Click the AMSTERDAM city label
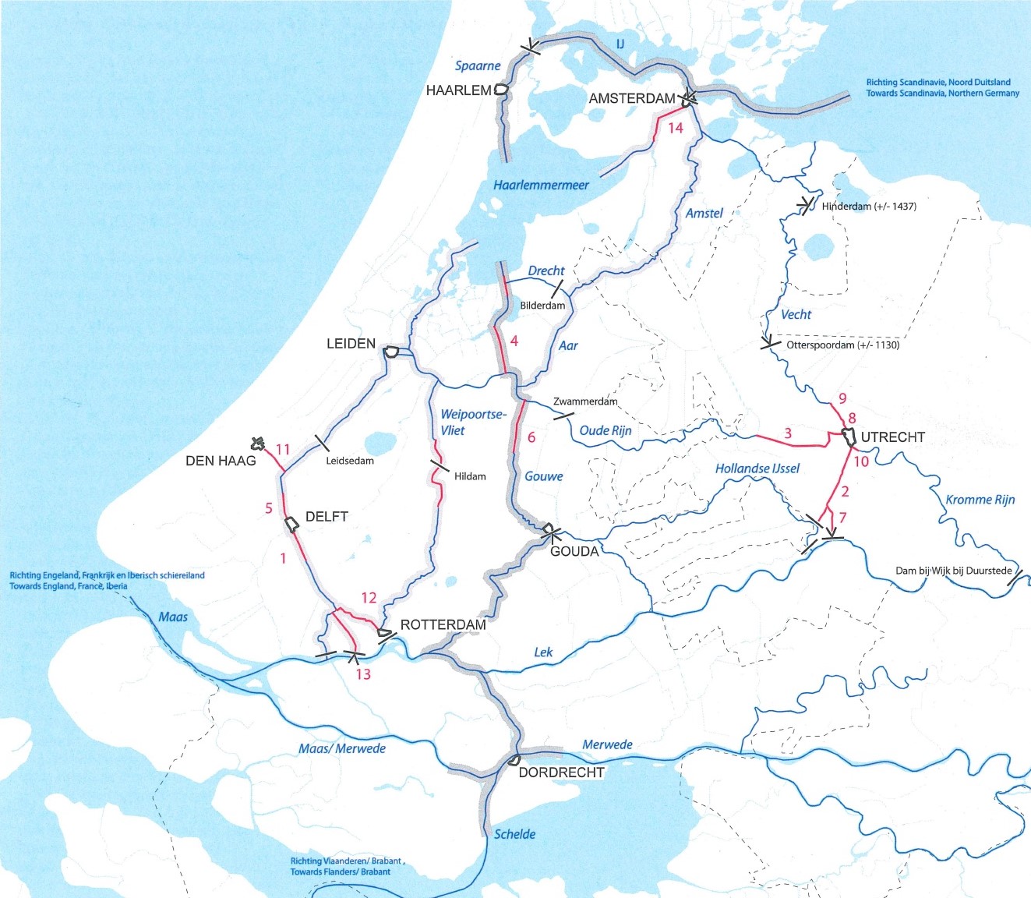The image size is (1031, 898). tap(632, 98)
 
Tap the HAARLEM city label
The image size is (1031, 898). tap(458, 90)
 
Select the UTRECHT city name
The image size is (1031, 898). tap(892, 437)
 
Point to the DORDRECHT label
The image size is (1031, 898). tap(561, 772)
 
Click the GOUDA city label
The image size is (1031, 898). tap(574, 551)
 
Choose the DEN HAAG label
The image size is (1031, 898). tap(221, 461)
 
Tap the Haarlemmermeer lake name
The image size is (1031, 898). tap(541, 186)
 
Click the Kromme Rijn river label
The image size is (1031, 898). tap(980, 500)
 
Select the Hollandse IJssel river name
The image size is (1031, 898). tap(757, 468)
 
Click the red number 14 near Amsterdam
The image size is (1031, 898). tap(675, 128)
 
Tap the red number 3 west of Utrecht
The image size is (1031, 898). tap(788, 433)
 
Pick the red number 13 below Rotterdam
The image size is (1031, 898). tap(363, 674)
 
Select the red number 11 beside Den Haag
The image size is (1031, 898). tap(282, 450)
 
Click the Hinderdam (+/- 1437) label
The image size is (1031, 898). tap(869, 207)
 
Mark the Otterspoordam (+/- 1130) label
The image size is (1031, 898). tap(842, 345)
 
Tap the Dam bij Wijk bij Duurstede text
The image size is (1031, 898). tap(953, 571)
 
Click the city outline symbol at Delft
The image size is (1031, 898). tap(292, 523)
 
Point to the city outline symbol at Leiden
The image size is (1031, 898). tap(391, 352)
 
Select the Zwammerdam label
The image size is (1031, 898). tap(584, 401)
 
